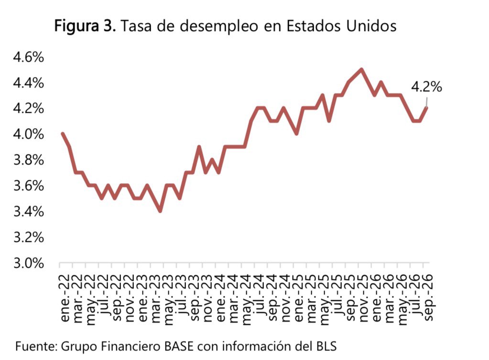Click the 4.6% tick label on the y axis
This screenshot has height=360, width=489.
28,57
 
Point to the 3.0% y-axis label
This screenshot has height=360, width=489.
28,263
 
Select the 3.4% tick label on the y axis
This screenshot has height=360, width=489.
28,212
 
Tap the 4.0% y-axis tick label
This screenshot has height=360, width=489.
28,135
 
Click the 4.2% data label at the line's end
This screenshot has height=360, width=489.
426,87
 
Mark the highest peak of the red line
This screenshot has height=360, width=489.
361,69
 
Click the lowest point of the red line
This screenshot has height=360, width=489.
160,211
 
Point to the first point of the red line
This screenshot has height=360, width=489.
63,134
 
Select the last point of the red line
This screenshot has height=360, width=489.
426,108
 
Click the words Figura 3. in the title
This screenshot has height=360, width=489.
85,26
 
